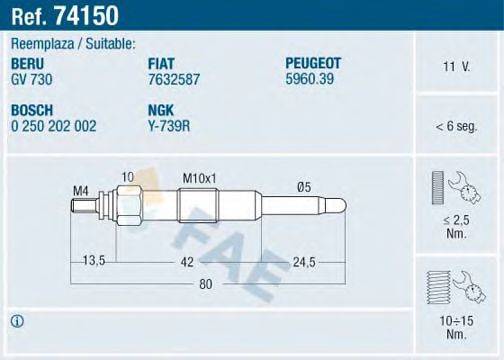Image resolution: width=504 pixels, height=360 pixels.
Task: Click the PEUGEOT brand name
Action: (x=313, y=62)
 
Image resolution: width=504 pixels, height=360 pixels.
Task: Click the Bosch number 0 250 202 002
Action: (x=54, y=126)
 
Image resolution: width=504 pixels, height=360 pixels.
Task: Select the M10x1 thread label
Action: (x=199, y=177)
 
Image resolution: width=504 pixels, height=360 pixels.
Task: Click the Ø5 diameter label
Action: (x=303, y=185)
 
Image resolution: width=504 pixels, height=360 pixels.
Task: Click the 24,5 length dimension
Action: (x=304, y=261)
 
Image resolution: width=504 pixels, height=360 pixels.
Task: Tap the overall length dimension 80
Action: (x=205, y=285)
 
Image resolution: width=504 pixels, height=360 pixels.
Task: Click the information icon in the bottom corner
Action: (x=17, y=321)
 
